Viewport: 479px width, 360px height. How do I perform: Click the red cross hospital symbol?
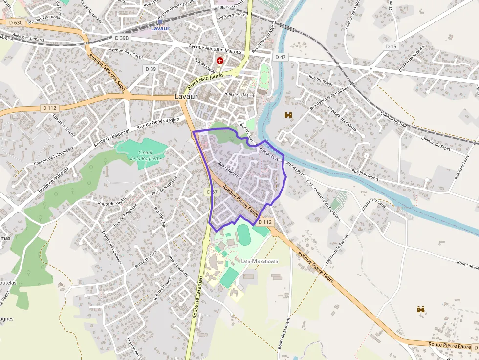tap(220, 61)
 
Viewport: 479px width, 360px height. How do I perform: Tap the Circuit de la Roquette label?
tap(142, 155)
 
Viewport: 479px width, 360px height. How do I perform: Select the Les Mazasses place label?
tap(259, 261)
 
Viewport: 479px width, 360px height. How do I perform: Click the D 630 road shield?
tap(15, 22)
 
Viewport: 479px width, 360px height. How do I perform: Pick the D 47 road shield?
tap(280, 57)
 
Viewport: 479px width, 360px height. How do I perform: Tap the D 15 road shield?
tap(391, 46)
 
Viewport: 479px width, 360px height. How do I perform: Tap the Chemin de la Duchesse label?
tap(54, 155)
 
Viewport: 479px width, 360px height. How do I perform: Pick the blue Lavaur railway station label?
tap(160, 28)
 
